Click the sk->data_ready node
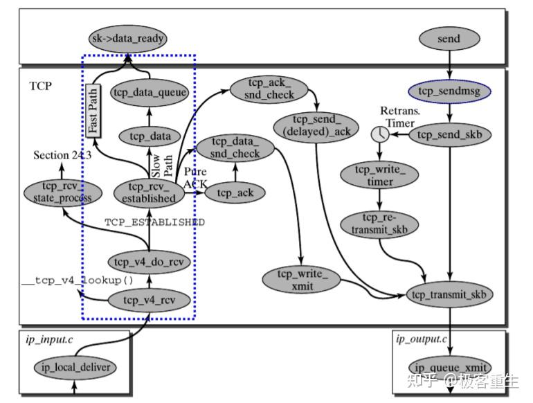point(128,39)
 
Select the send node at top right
point(449,39)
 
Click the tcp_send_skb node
point(449,134)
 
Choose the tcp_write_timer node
point(378,176)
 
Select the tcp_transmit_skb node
point(449,294)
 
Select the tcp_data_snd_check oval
point(236,147)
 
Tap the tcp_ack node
point(235,192)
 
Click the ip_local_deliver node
point(75,367)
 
